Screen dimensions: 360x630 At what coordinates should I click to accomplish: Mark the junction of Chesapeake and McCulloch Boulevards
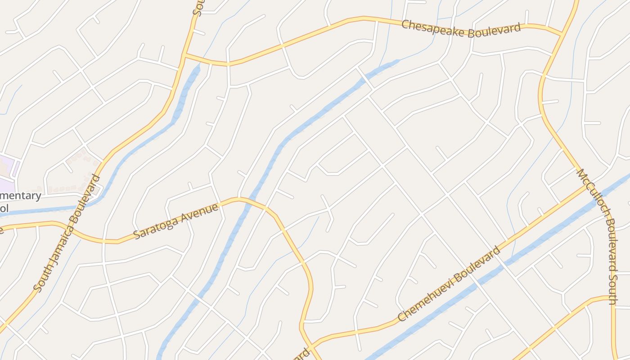562,34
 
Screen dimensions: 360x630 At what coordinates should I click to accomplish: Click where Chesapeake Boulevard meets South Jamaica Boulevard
184,55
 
